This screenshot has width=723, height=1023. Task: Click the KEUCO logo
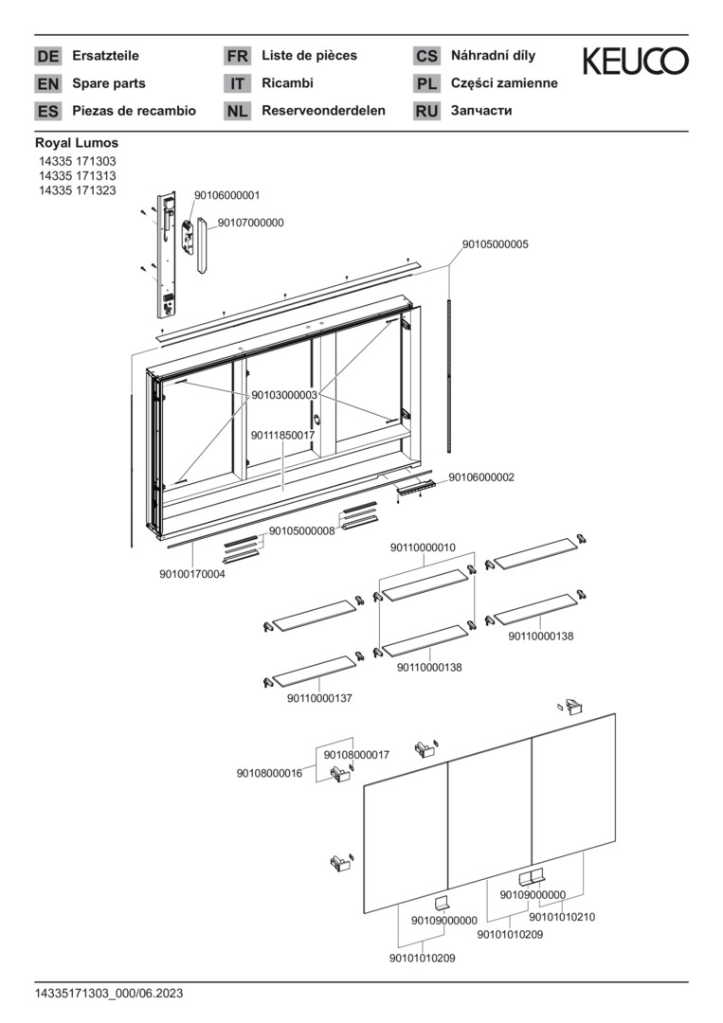635,61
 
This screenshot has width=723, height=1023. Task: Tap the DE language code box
47,56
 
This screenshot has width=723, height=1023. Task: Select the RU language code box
426,111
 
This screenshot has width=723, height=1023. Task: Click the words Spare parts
109,83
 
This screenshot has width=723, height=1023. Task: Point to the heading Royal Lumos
77,142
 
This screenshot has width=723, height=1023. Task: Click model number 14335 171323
77,190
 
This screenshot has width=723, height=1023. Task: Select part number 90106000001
227,195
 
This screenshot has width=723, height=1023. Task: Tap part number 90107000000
250,223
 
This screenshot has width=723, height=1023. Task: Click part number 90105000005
496,244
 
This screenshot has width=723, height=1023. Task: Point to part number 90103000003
284,395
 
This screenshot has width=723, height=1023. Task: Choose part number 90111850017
283,435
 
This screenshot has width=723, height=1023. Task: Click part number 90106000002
481,476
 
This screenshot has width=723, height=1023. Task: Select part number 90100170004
192,574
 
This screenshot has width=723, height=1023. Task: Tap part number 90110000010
423,547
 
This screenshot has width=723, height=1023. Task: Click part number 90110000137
319,698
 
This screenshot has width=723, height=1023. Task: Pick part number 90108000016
269,773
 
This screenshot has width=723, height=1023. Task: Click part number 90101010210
562,917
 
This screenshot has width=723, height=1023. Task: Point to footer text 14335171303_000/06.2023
109,994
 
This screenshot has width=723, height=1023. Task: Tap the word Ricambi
288,82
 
